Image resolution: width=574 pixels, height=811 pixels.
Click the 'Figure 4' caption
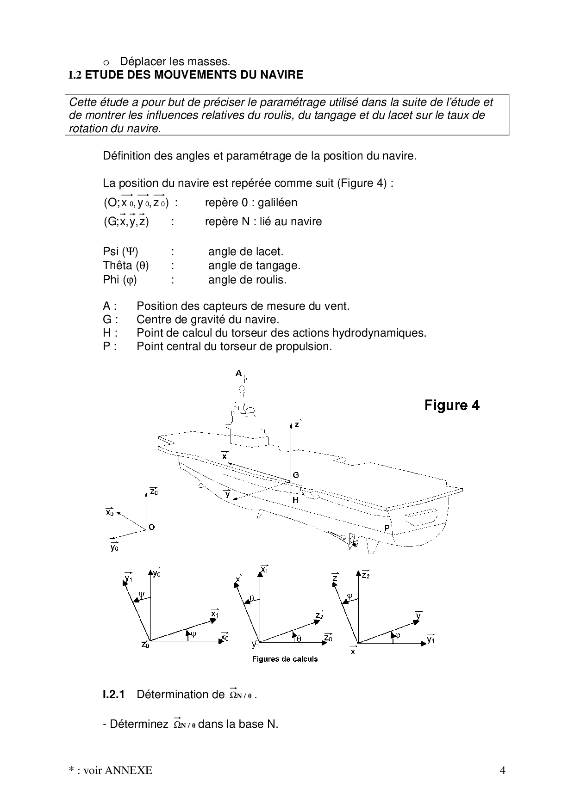(452, 405)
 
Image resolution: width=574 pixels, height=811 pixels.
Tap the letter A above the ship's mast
(238, 373)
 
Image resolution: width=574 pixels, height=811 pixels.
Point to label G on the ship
(296, 475)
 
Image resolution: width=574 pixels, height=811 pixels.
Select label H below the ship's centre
(295, 500)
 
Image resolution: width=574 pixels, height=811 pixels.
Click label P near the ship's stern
(387, 528)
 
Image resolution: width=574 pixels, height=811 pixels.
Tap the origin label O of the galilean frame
(152, 527)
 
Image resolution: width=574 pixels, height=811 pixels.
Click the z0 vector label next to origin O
(154, 492)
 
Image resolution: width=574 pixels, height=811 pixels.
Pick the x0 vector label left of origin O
(110, 512)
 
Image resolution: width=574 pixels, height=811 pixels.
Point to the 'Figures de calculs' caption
(285, 659)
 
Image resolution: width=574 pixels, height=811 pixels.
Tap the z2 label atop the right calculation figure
(365, 576)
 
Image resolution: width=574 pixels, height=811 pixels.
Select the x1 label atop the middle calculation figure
(264, 570)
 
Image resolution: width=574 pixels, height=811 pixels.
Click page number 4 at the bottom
(502, 770)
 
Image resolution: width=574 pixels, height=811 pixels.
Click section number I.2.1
(114, 694)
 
